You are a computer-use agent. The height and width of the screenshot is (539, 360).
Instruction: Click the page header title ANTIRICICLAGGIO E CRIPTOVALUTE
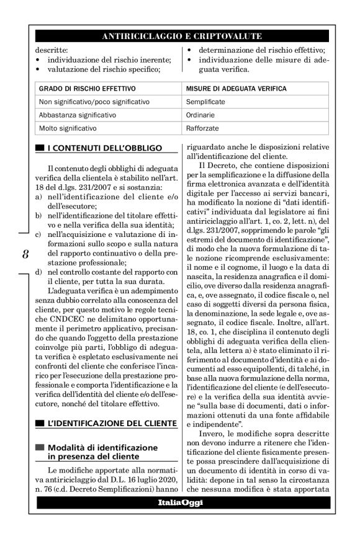click(181, 37)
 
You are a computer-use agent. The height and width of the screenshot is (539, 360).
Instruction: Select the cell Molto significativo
click(68, 129)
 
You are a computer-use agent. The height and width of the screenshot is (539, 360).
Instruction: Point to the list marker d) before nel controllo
click(39, 272)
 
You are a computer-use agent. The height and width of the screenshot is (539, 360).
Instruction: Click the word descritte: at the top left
click(52, 50)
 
